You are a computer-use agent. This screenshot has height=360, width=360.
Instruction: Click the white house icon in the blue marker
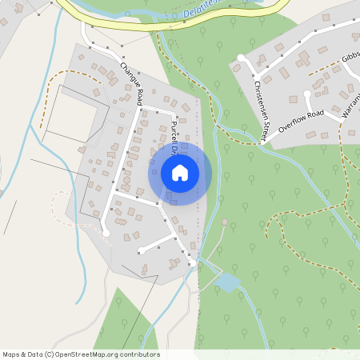[180, 172]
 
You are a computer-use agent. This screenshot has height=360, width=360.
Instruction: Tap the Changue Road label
[131, 84]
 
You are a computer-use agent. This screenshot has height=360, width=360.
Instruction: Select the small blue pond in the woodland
[226, 282]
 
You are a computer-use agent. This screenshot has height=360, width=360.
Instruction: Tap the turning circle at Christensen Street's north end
[242, 58]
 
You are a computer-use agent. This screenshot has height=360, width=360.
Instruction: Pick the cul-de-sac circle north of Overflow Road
[306, 94]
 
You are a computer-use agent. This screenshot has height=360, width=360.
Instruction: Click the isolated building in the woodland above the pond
[225, 221]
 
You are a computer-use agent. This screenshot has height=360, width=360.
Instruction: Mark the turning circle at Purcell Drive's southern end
[193, 262]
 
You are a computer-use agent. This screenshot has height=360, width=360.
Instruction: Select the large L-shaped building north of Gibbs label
[304, 58]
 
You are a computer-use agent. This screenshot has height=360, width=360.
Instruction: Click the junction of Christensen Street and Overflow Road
[265, 145]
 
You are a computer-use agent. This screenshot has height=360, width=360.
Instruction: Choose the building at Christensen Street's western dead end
[235, 68]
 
